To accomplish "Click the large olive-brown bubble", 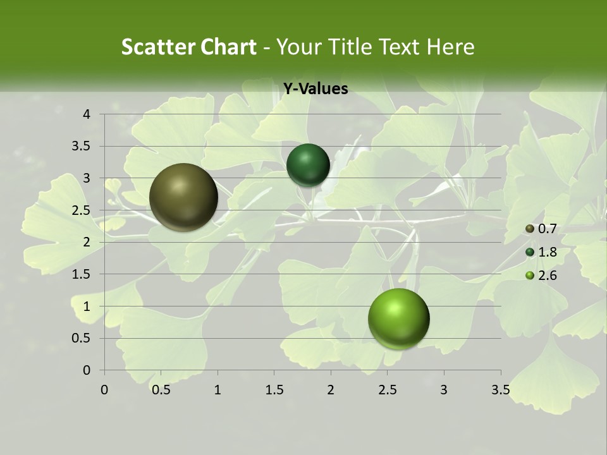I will point(184,197).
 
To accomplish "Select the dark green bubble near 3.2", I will point(308,165).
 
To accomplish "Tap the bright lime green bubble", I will point(398,318).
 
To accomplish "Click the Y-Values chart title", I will point(315,89).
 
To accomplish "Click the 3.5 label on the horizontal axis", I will point(500,390).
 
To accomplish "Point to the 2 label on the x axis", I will point(331,390).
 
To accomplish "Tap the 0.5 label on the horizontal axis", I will point(161,390).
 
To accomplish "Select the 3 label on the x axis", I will point(444,390).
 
